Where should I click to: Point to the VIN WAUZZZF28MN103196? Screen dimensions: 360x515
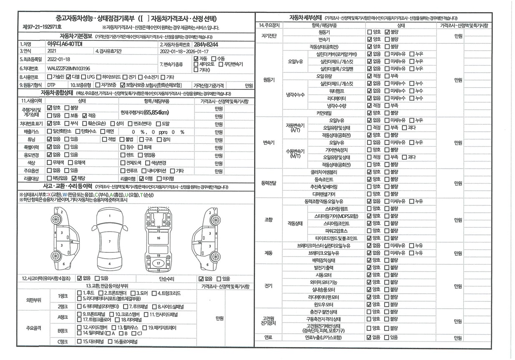point(69,68)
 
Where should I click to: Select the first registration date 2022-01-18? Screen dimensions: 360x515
point(59,60)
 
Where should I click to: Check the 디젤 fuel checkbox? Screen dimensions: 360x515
point(68,77)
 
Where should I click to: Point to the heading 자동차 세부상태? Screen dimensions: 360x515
point(305,18)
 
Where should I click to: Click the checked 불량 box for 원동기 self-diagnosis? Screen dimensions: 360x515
point(387,32)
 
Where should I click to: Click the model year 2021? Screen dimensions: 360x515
point(53,51)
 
